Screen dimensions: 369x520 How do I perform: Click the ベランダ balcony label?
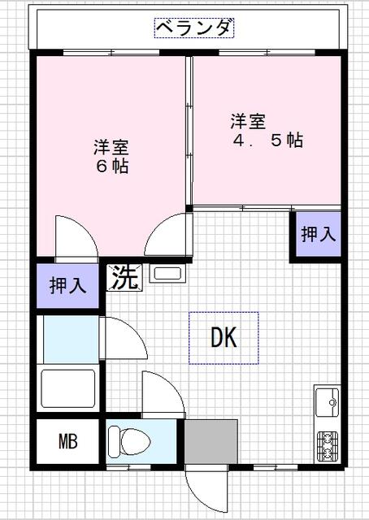point(194,28)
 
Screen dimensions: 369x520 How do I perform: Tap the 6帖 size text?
point(112,166)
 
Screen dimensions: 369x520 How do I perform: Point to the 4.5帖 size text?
point(268,141)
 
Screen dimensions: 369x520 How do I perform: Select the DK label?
point(224,337)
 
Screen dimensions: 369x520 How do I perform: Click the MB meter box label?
point(68,441)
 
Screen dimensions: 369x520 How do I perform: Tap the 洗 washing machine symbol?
point(124,278)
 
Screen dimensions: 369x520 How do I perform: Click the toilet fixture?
point(130,441)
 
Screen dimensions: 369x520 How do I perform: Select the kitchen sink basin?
point(328,402)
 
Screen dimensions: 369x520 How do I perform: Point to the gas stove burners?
point(328,446)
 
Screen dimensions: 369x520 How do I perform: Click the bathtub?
point(68,388)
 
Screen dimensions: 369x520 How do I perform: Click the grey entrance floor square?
point(211,441)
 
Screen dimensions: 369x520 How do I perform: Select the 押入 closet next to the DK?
point(319,234)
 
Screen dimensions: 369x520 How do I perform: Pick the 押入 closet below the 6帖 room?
point(67,285)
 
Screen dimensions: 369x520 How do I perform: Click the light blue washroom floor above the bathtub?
point(71,340)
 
